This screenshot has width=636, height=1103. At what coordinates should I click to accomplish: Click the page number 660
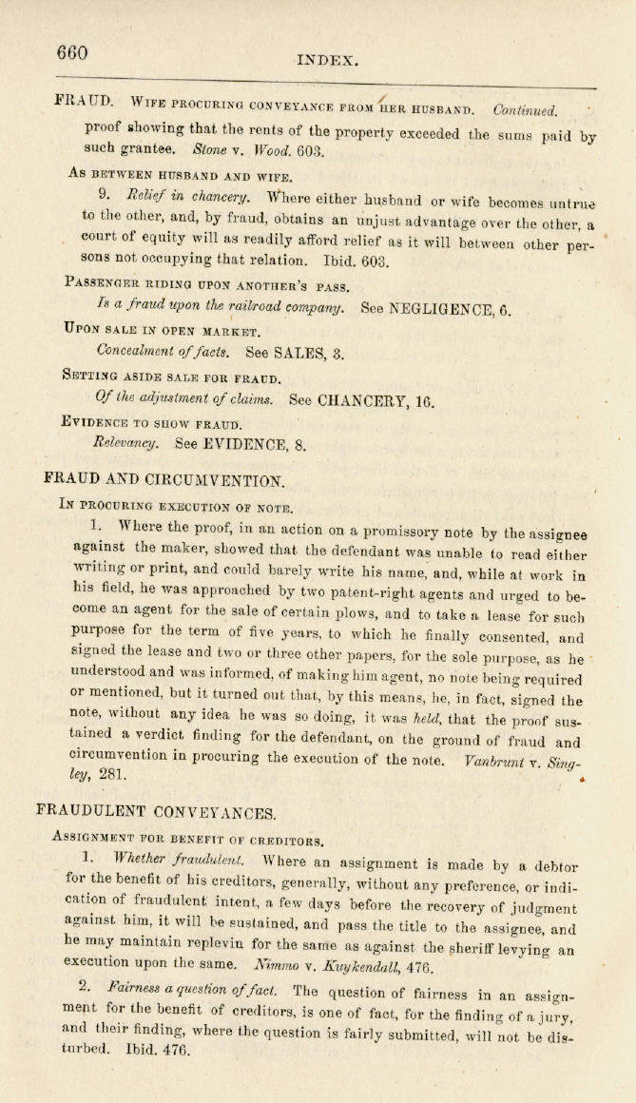72,53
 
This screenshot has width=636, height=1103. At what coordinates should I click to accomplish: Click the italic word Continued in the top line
526,111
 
